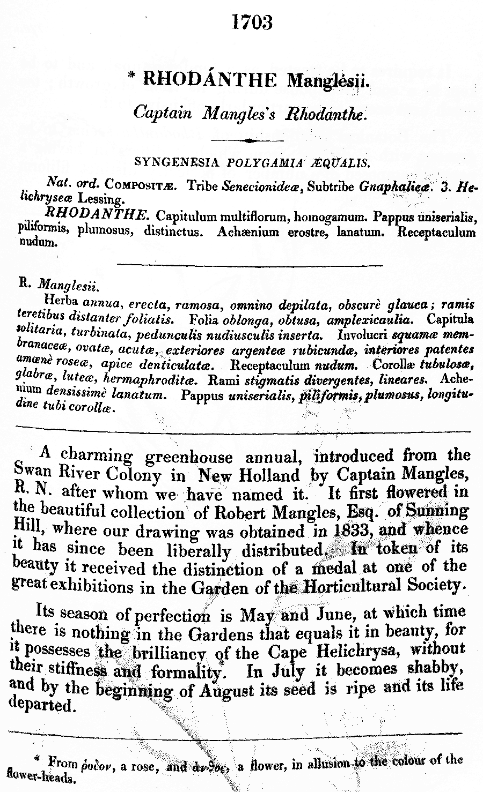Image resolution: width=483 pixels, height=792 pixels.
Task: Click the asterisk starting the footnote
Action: tap(38, 759)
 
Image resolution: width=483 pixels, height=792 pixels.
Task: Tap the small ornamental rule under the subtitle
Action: tap(247, 140)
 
